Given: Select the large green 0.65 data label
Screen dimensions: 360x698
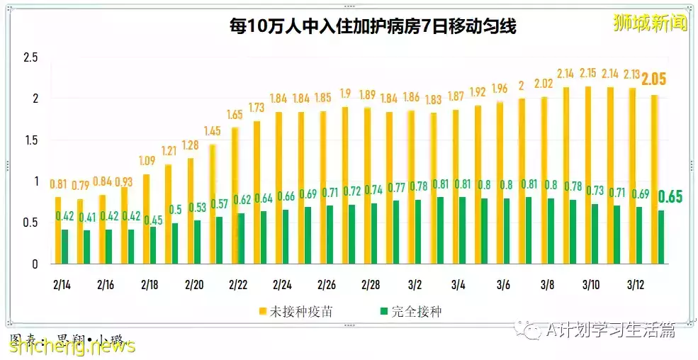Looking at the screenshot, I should click(x=670, y=196).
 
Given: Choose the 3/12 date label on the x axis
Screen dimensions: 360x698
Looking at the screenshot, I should click(x=636, y=285).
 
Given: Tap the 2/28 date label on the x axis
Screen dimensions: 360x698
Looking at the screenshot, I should click(x=371, y=285).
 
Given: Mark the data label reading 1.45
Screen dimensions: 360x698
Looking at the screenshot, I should click(x=213, y=131).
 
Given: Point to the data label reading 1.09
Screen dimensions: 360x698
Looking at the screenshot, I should click(x=147, y=161).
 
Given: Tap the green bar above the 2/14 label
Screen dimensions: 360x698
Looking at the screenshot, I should click(x=65, y=247).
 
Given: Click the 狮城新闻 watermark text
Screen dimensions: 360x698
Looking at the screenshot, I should click(x=649, y=23).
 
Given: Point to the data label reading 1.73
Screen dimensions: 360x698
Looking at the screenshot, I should click(x=257, y=108).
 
